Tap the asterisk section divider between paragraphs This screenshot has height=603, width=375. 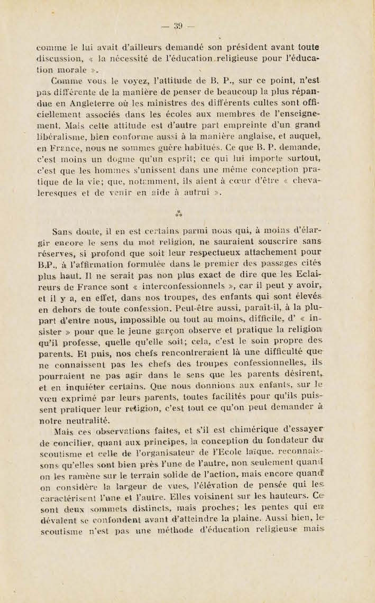(178, 214)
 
